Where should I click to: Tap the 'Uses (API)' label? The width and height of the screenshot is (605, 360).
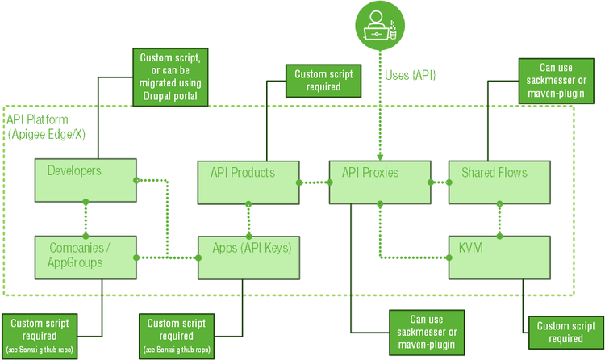tap(411, 75)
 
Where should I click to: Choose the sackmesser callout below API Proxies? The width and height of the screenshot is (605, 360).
tap(427, 332)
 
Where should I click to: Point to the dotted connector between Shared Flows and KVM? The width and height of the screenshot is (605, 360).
tap(500, 219)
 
